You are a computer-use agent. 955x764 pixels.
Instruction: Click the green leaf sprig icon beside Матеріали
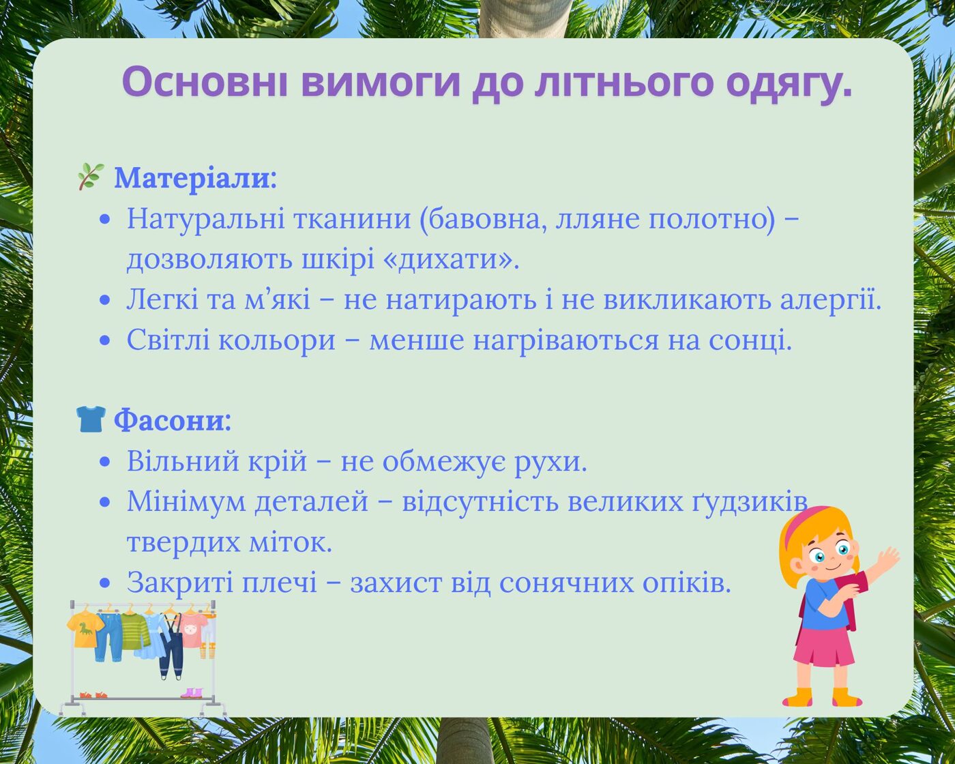click(x=91, y=177)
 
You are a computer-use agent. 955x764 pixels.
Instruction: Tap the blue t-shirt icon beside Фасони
click(x=91, y=419)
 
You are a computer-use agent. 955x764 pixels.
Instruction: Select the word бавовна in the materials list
click(x=483, y=219)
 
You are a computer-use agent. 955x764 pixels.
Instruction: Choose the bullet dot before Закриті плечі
click(x=105, y=583)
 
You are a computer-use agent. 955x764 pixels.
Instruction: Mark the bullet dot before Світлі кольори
click(x=105, y=341)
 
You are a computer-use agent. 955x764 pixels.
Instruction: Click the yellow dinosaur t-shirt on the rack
click(x=85, y=629)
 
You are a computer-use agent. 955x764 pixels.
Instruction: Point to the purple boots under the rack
click(x=191, y=692)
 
